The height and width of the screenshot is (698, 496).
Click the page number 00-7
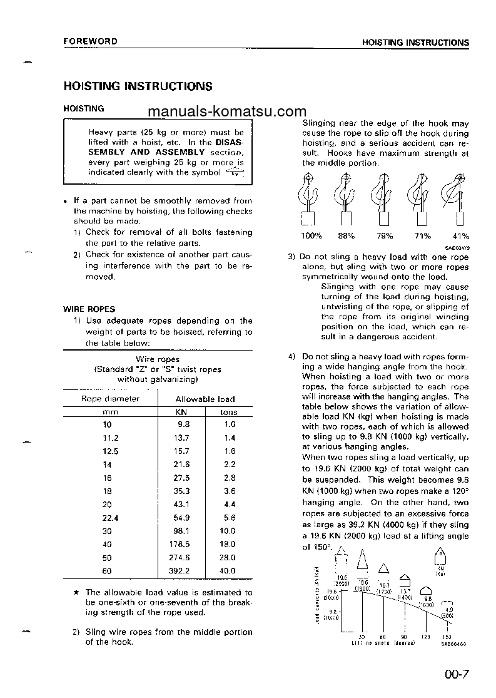tap(458, 675)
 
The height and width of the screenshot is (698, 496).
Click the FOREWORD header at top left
tap(90, 42)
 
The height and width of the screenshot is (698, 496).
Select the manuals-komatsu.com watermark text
tap(223, 111)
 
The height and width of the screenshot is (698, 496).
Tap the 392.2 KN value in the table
tap(180, 571)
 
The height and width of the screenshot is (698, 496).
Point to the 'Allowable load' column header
tap(205, 399)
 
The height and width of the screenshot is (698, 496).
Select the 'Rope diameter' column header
tap(111, 399)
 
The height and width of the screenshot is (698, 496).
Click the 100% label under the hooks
tap(311, 236)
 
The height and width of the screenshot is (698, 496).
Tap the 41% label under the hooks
tap(460, 236)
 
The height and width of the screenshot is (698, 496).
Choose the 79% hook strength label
tap(385, 236)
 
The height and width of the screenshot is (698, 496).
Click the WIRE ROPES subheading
tap(89, 309)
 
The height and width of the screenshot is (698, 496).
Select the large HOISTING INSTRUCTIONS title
tap(138, 86)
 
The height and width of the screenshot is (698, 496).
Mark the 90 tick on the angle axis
tap(405, 637)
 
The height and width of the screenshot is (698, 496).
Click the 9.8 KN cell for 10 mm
tap(183, 424)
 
